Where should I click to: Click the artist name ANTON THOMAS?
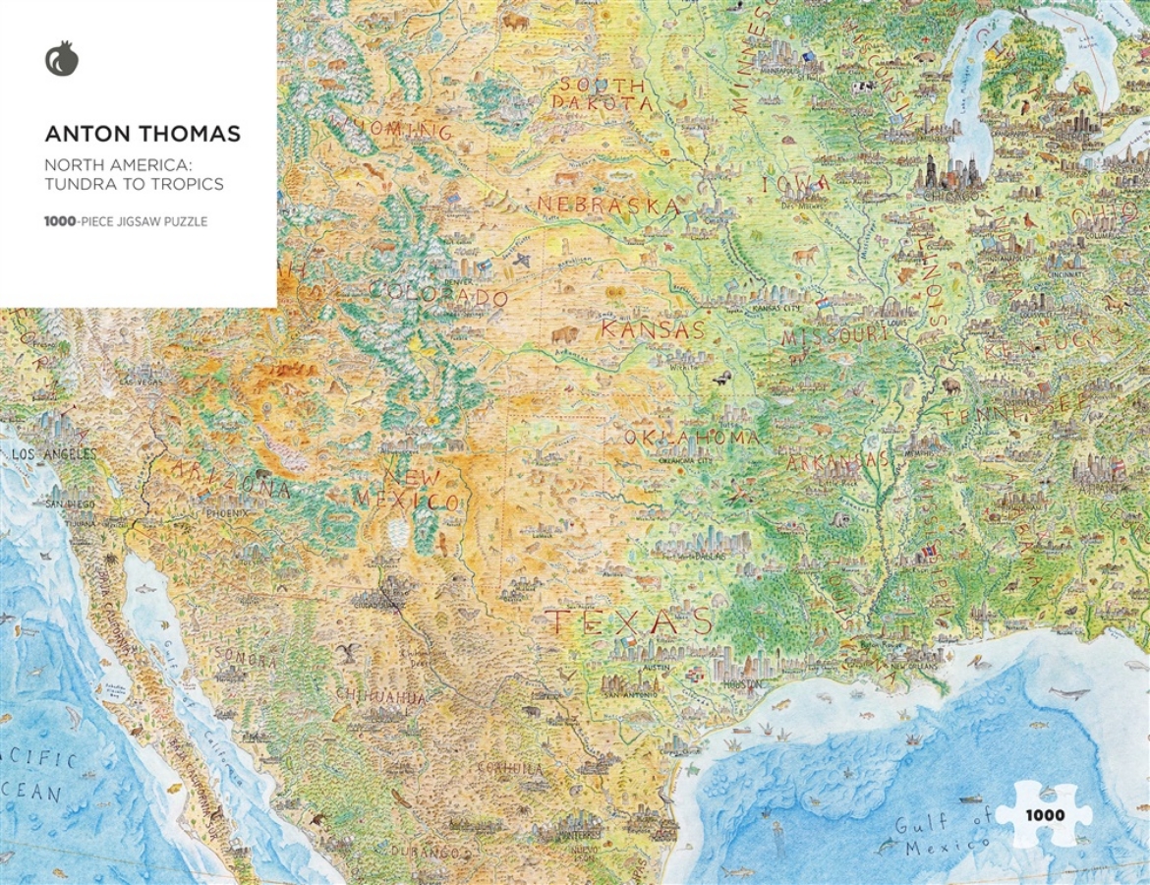click(143, 134)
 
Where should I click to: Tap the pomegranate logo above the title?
click(61, 60)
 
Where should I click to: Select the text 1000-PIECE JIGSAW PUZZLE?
click(126, 222)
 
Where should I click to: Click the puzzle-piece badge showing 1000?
click(1044, 814)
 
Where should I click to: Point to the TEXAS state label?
click(628, 621)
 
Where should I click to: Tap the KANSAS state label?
click(653, 329)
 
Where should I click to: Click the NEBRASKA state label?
click(608, 206)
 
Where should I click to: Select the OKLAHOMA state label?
click(691, 437)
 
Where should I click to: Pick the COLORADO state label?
click(439, 295)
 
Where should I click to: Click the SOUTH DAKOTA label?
click(602, 93)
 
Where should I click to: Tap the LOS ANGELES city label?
click(54, 454)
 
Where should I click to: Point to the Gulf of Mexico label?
click(943, 835)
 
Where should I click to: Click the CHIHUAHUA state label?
click(380, 696)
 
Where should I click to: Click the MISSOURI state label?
click(834, 336)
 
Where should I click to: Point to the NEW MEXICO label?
click(420, 489)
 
